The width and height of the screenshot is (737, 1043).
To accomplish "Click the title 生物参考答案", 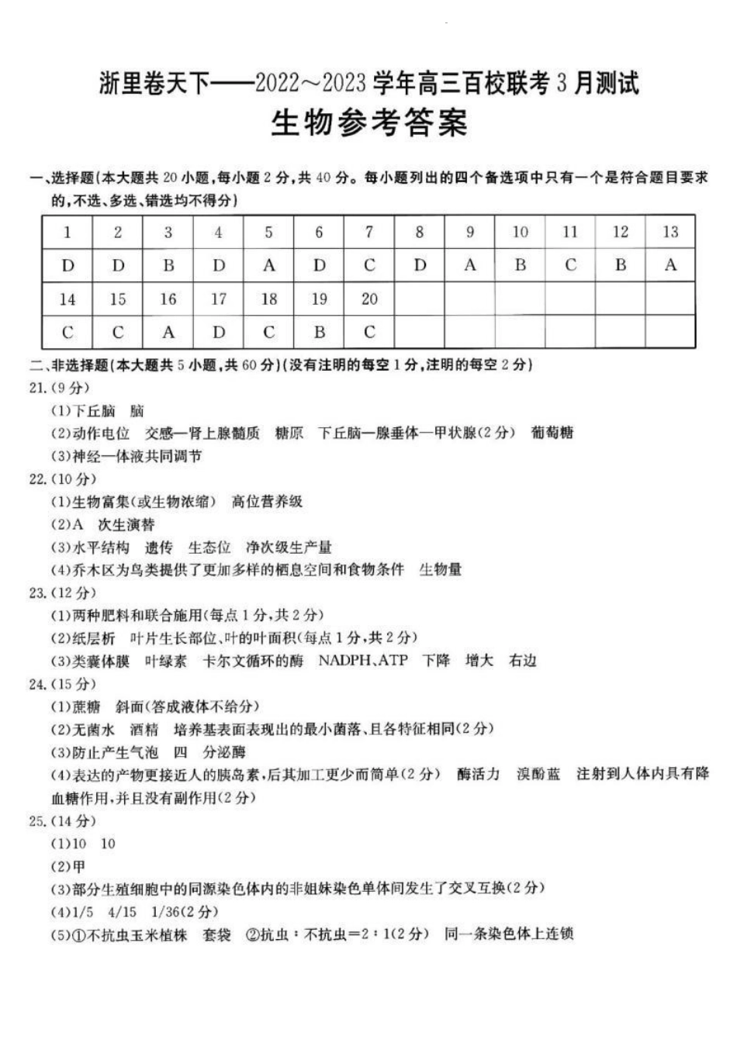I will click(368, 123).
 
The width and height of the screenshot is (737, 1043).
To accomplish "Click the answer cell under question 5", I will click(268, 265).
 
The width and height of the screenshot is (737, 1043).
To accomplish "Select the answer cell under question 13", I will click(670, 265).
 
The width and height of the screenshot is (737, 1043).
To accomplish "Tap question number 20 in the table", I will click(369, 299).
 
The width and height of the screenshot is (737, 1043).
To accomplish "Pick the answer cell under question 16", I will click(168, 333).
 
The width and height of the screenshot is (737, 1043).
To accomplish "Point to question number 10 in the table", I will click(520, 232).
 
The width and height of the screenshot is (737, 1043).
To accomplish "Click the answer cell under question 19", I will click(319, 333).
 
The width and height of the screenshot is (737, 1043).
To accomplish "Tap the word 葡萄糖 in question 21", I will click(552, 433).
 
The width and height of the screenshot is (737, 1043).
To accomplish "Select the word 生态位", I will click(209, 547).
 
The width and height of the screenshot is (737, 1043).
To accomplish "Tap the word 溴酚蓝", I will click(538, 774).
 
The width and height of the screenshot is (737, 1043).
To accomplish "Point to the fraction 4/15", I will click(122, 912).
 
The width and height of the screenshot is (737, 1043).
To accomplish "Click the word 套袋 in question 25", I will click(216, 934).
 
